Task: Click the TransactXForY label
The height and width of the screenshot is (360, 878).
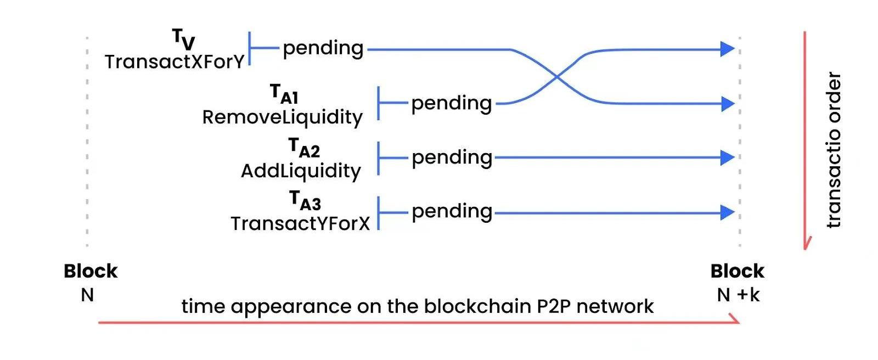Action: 175,62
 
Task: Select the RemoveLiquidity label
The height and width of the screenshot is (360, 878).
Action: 282,117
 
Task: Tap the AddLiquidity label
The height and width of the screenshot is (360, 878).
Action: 301,171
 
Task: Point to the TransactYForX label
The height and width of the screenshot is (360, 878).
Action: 300,224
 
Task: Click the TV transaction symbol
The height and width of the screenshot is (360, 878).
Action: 183,40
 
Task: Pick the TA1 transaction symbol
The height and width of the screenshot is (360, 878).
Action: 284,94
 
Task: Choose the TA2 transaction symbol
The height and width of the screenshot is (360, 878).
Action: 304,148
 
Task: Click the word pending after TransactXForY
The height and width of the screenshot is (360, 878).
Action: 323,49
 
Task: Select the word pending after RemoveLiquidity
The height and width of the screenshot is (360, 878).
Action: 452,104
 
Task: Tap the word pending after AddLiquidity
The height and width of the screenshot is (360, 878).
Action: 452,158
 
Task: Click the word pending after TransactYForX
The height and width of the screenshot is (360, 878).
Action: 452,212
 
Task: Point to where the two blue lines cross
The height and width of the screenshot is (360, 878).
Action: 557,77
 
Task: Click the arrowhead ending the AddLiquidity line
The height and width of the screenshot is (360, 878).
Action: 727,158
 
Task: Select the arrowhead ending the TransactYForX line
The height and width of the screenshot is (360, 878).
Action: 727,212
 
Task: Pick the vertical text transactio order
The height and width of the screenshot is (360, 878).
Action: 834,150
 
